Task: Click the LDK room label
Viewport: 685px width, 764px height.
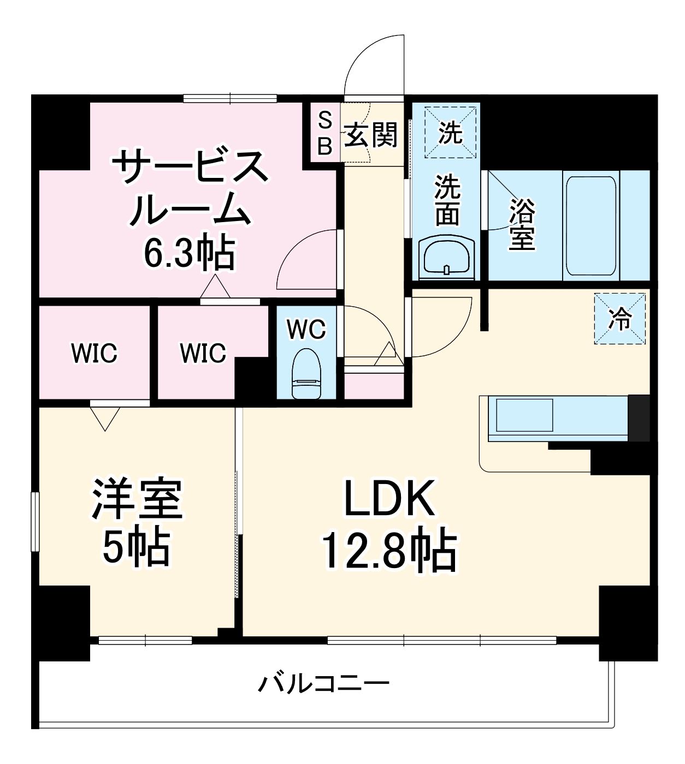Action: pos(389,498)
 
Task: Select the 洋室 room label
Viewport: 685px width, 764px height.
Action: pos(137,498)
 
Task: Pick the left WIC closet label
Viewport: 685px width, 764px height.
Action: pos(94,353)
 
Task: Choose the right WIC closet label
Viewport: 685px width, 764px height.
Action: pos(203,353)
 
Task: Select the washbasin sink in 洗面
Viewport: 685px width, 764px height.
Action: pos(447,258)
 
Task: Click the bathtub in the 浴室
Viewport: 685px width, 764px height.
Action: pos(591,225)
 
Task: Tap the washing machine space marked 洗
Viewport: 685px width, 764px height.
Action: pos(451,133)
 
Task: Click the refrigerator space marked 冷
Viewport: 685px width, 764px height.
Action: pos(620,319)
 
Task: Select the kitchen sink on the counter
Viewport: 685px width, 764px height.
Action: pos(524,415)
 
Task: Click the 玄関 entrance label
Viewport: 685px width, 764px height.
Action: pos(371,134)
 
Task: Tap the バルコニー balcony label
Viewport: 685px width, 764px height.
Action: pos(324,683)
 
